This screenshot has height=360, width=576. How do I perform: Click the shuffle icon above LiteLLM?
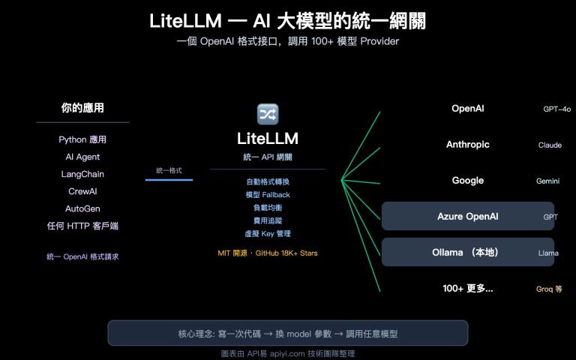(268, 114)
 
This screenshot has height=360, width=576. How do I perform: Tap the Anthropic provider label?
(467, 145)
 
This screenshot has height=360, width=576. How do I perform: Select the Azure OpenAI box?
(467, 216)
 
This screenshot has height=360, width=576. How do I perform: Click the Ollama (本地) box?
(467, 252)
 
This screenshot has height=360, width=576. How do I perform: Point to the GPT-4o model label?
(556, 109)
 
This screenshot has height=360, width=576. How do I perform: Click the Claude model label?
(550, 145)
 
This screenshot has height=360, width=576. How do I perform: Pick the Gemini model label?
(548, 181)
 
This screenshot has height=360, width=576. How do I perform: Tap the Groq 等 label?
(548, 289)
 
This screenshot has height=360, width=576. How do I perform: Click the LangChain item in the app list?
(82, 174)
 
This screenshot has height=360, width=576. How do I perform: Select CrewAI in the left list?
(82, 191)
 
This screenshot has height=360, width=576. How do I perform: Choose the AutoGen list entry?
(82, 208)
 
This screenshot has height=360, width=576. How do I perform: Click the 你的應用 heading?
(82, 108)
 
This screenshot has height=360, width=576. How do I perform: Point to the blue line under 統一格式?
(169, 180)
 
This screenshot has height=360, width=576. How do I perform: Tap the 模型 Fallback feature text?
(268, 195)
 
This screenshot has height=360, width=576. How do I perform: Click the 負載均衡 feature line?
(268, 208)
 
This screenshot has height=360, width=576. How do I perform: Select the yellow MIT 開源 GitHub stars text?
(268, 253)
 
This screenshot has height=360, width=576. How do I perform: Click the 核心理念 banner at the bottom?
(288, 333)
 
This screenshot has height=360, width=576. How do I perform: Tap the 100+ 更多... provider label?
(467, 288)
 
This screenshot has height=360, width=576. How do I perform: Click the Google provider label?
(467, 181)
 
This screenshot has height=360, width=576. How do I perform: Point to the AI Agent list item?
(82, 157)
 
